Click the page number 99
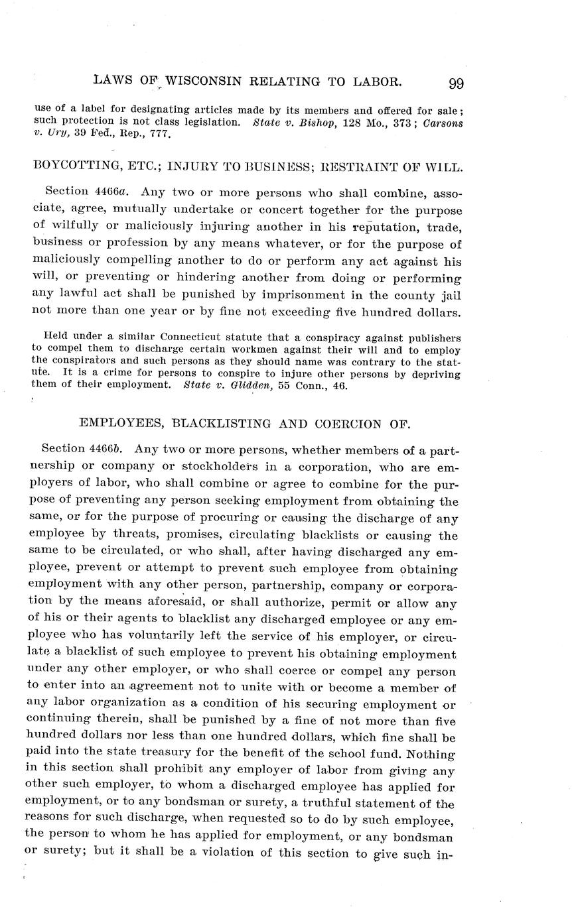tap(456, 84)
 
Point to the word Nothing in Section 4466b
tap(431, 753)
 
